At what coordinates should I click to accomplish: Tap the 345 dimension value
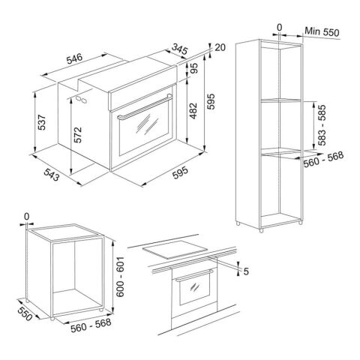point(180,49)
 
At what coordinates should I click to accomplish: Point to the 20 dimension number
point(220,47)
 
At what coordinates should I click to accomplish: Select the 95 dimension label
point(194,67)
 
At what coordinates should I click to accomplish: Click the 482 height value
point(193,111)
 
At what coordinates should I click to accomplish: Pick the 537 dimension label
point(42,122)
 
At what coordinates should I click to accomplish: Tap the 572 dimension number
point(78,135)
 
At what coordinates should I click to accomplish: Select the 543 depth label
point(52,175)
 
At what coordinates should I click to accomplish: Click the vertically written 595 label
point(211,101)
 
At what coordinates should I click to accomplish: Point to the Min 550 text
point(322,31)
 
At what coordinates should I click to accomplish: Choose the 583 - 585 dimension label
point(322,125)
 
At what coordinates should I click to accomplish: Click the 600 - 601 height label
point(121,277)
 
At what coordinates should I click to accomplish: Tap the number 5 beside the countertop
point(246,271)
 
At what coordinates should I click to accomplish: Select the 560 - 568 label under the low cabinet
point(91,325)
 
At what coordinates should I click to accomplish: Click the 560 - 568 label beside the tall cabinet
point(323,159)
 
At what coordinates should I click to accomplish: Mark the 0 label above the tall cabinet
point(280,27)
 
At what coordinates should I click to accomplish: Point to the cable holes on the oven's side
point(82,99)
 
